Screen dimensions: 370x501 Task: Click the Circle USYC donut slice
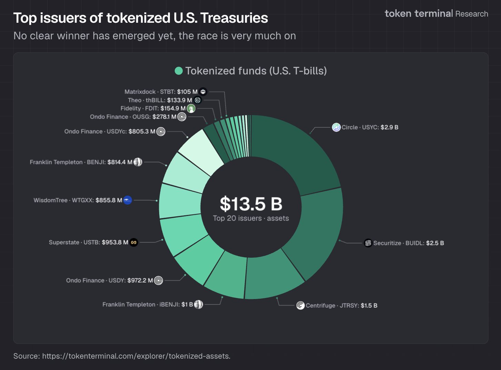[293, 152]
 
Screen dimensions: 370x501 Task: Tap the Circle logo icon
[336, 127]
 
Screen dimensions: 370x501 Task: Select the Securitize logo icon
[368, 243]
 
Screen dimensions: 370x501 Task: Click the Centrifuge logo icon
[300, 306]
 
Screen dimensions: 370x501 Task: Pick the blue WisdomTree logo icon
[127, 200]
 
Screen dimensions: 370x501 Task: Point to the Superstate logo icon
[134, 243]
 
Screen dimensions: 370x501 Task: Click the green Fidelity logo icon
[191, 109]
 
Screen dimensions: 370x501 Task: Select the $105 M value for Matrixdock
[187, 92]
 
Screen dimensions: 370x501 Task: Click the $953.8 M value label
[115, 243]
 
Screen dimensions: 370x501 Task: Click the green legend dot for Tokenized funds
[179, 71]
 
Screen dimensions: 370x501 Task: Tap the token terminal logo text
[419, 14]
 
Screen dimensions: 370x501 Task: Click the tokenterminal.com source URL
[136, 356]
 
